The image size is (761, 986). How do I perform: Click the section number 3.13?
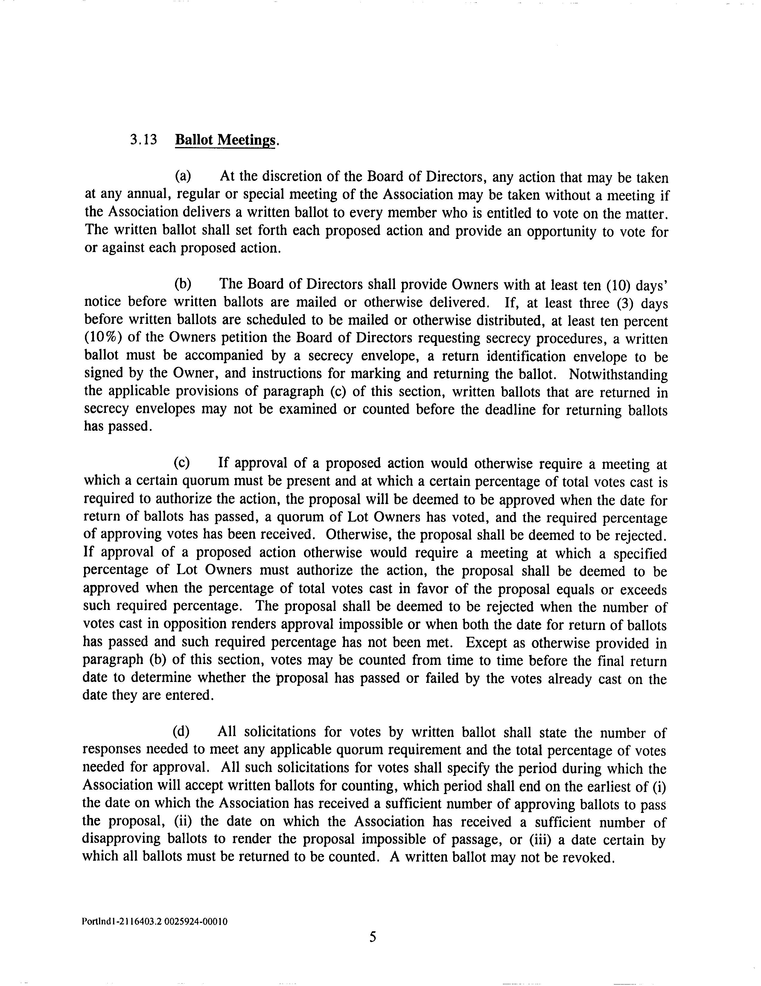click(143, 140)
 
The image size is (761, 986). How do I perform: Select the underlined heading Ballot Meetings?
click(224, 140)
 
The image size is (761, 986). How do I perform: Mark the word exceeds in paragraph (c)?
click(643, 589)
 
